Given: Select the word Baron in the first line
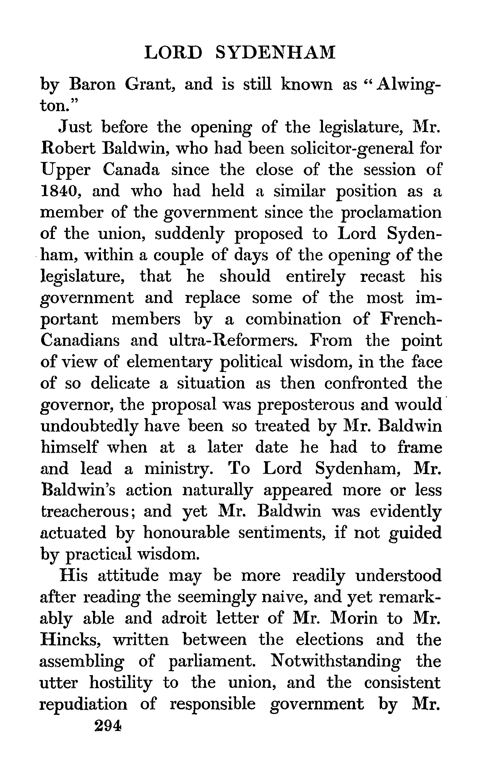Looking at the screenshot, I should pos(92,85).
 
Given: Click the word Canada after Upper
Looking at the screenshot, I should pos(131,170).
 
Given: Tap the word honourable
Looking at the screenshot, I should pos(186,533).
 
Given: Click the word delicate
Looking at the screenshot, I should pos(120,383).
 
